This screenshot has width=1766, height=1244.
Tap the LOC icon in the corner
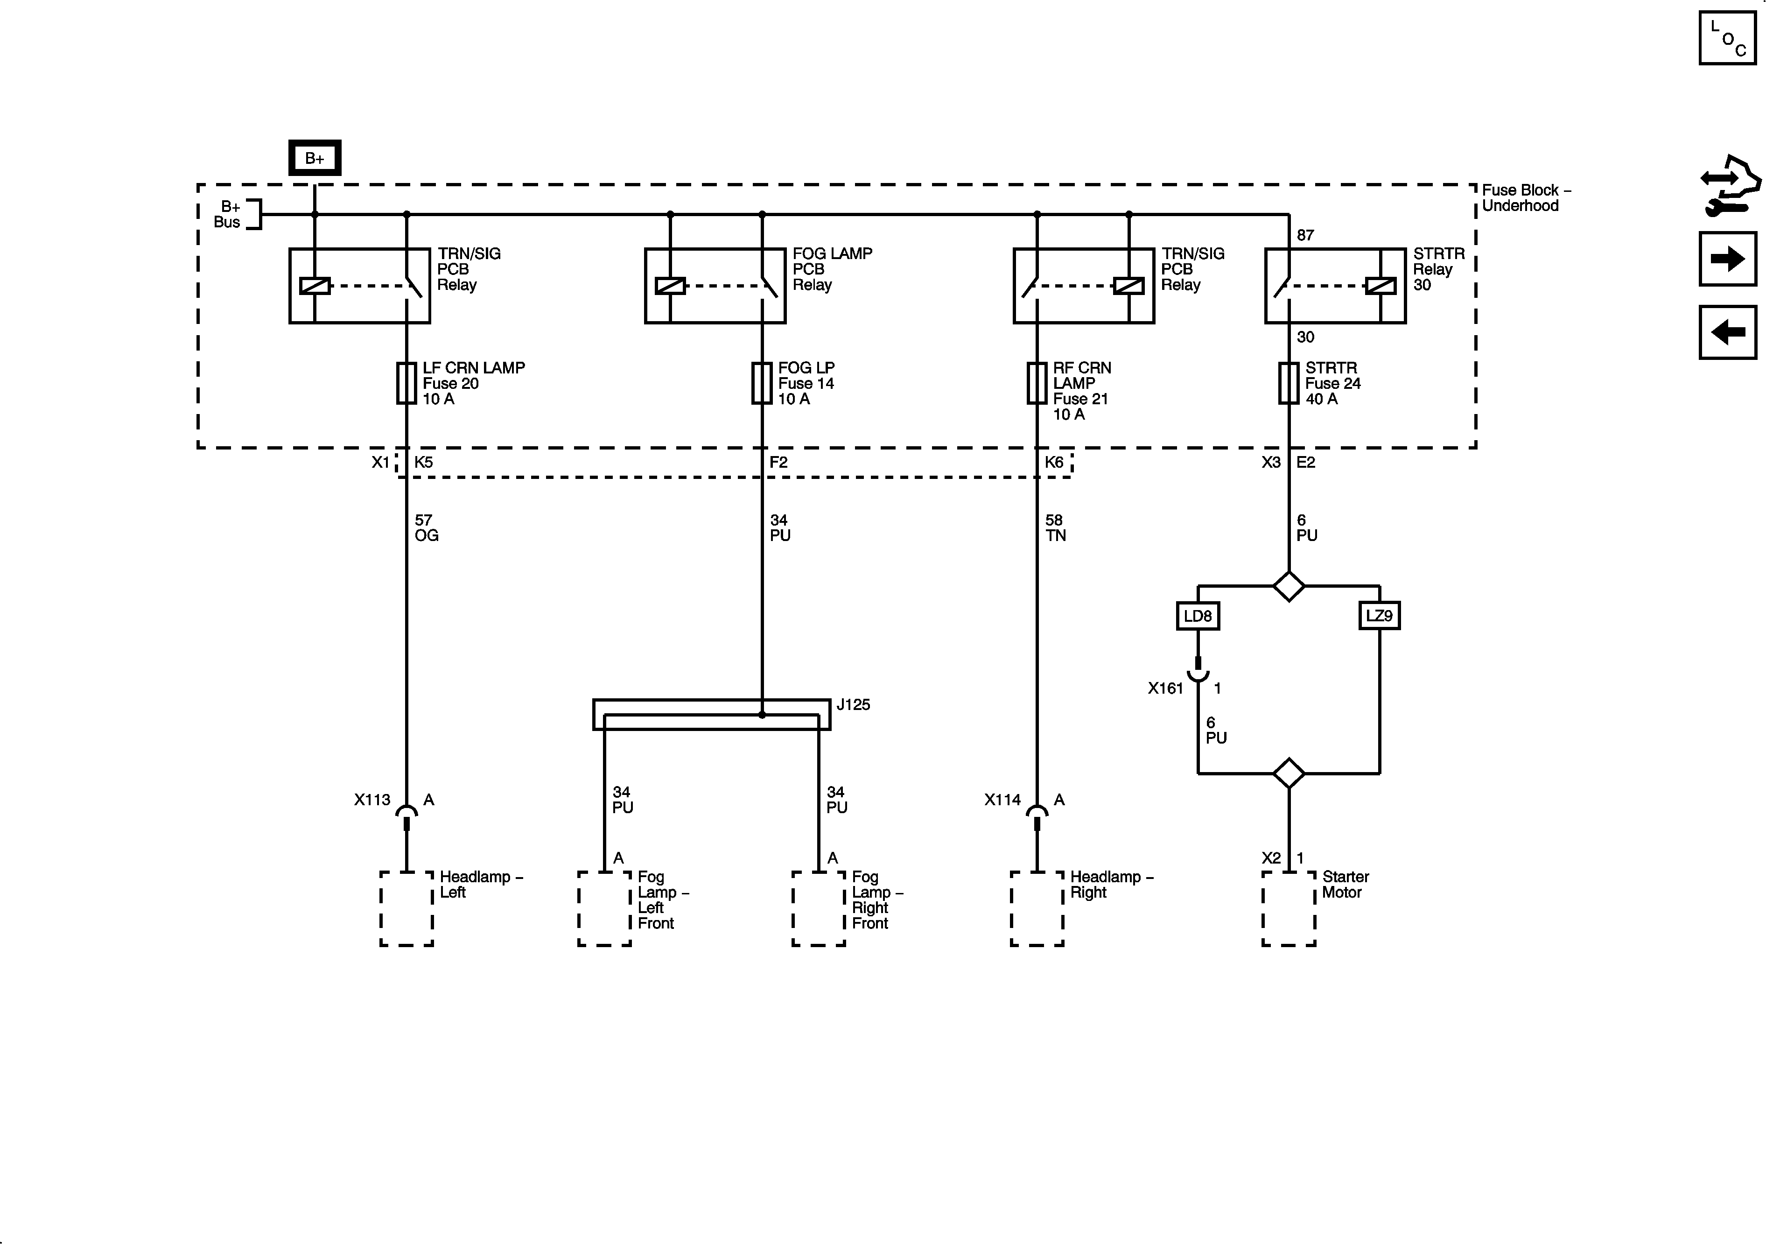point(1728,38)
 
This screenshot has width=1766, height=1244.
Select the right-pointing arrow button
point(1728,259)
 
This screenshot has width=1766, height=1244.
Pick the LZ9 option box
point(1379,615)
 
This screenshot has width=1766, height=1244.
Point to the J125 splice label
point(853,705)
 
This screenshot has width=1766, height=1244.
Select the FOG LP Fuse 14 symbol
point(762,383)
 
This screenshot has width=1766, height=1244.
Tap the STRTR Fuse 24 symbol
point(1289,383)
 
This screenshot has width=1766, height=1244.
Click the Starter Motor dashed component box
point(1289,908)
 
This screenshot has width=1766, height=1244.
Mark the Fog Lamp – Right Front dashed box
point(819,908)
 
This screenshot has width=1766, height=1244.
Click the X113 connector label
point(372,800)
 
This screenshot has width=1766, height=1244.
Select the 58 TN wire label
point(1055,528)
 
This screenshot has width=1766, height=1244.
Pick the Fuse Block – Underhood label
point(1525,198)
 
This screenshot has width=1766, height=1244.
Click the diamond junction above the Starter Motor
point(1289,773)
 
